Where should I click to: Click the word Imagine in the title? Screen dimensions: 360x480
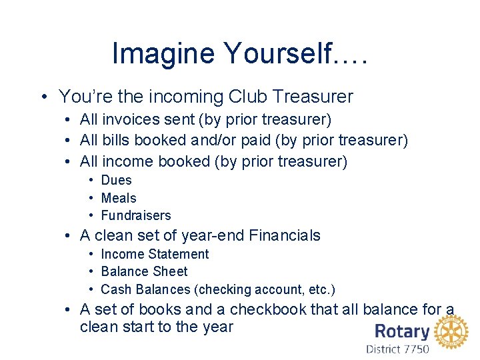point(153,54)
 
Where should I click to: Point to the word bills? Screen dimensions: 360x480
point(117,141)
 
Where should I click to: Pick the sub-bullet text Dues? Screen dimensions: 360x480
point(116,180)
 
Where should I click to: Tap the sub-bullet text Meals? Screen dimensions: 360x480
point(118,198)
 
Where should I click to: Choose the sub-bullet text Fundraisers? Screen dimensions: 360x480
point(136,215)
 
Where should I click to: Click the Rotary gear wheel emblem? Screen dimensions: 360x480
point(451,332)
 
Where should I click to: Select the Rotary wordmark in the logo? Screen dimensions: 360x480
point(402,331)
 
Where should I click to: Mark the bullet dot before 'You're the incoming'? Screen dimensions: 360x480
point(43,97)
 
